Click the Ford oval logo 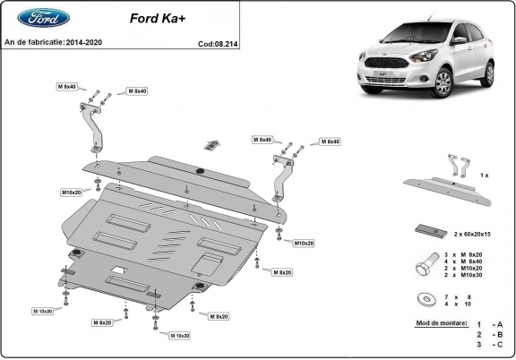(26, 18)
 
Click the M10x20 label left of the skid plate (72, 193)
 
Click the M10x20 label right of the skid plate (303, 243)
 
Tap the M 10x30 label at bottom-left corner (43, 311)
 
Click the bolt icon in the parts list (428, 266)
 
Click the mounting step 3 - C (490, 343)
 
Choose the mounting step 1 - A (490, 323)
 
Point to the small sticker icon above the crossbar (212, 142)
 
